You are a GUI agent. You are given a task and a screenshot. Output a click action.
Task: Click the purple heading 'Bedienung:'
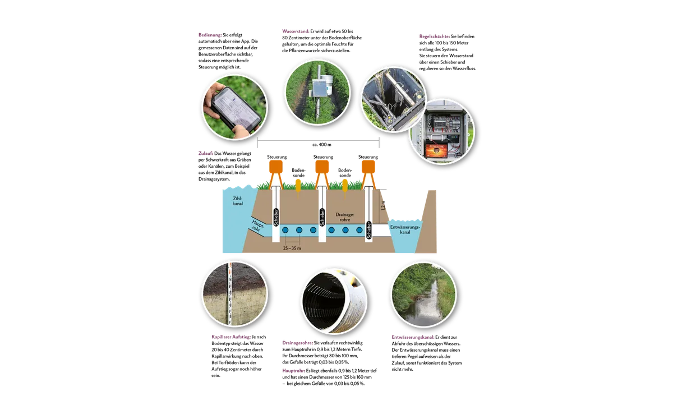[x=210, y=35]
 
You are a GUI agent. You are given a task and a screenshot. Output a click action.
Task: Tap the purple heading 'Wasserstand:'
[x=296, y=31]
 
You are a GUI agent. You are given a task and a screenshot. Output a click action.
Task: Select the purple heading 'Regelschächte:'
[x=435, y=36]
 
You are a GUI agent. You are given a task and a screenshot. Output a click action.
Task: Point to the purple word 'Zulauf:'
[x=206, y=153]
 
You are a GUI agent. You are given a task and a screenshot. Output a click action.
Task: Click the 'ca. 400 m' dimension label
[x=322, y=145]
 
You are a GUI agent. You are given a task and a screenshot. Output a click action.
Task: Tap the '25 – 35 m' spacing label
[x=292, y=248]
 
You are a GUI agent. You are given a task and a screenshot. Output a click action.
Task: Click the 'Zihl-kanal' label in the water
[x=238, y=201]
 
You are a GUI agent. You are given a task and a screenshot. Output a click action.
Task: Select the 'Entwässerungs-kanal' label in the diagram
[x=405, y=229]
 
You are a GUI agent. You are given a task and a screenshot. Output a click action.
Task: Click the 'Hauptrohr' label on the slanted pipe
[x=258, y=226]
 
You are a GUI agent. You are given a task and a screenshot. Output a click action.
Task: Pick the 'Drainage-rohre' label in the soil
[x=345, y=217]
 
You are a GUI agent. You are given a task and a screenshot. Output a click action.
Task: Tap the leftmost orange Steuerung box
[x=276, y=167]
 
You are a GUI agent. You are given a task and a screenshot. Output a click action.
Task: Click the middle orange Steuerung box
[x=322, y=167]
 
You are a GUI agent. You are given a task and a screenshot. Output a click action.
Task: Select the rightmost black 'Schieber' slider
[x=369, y=230]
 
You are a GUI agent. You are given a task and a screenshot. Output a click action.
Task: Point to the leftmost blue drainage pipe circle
[x=285, y=230]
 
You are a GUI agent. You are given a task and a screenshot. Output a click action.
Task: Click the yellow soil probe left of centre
[x=298, y=186]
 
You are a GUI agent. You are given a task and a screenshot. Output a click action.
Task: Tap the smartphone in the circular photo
[x=236, y=110]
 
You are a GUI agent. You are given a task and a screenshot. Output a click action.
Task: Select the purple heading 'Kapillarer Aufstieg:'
[x=231, y=337]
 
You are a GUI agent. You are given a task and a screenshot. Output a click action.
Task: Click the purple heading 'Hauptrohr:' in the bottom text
[x=293, y=371]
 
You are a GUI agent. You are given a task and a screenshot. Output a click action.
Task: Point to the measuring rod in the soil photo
[x=230, y=294]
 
